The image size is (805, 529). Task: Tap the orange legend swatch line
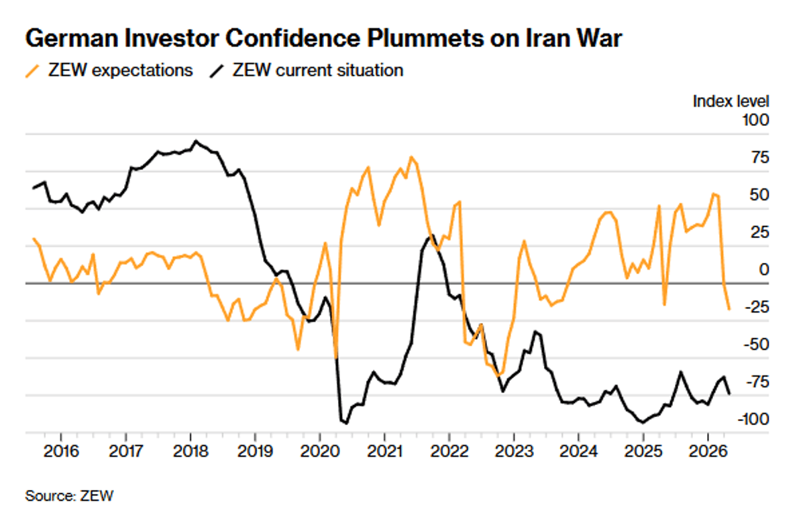[32, 70]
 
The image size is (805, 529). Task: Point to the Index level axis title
[731, 101]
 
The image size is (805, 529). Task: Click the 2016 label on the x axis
[61, 449]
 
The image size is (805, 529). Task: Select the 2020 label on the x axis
[319, 449]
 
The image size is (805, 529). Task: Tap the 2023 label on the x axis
[513, 449]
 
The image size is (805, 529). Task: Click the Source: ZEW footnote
[69, 496]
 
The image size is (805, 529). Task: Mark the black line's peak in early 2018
[195, 141]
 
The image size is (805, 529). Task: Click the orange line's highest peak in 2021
[411, 158]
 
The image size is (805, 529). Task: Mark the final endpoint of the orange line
[729, 309]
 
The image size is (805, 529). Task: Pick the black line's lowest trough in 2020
[347, 423]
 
